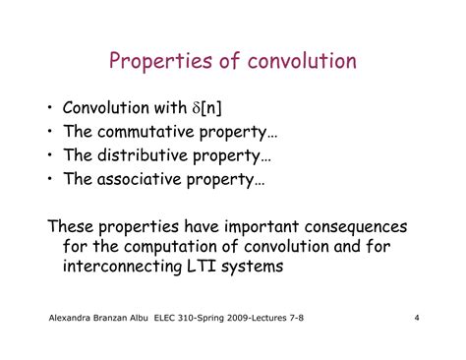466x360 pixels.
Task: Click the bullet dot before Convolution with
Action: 50,108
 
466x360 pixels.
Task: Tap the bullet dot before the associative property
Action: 50,180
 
